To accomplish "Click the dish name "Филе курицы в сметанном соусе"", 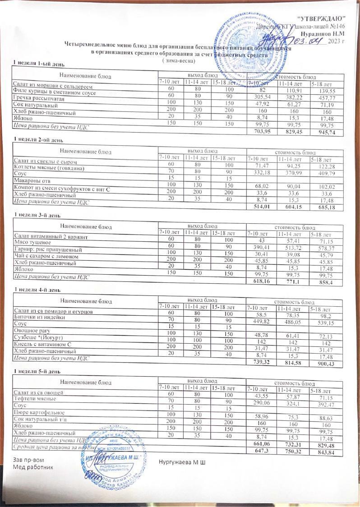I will point(55,92).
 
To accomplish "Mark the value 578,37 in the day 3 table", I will point(324,249).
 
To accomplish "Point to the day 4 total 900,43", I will point(324,363).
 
